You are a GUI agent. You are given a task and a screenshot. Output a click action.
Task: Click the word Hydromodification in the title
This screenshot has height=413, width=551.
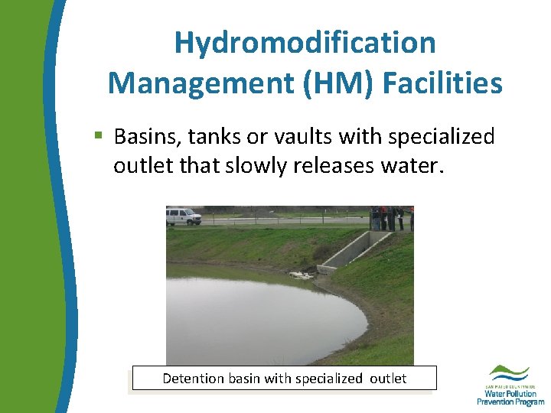(305, 43)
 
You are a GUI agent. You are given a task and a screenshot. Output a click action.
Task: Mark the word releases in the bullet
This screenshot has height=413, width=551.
(332, 165)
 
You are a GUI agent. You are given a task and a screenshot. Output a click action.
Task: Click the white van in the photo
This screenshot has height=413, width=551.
(184, 216)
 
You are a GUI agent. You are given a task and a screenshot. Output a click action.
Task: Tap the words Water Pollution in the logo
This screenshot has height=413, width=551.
(510, 393)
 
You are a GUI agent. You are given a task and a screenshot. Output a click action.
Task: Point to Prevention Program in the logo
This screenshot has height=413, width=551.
(510, 402)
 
